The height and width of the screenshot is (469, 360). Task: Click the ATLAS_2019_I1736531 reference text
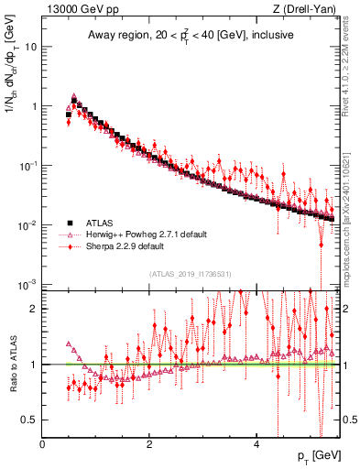click(191, 273)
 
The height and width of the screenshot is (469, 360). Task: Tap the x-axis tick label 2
click(149, 445)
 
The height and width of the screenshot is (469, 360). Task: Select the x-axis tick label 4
click(256, 445)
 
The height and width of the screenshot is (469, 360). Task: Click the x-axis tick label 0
click(43, 445)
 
